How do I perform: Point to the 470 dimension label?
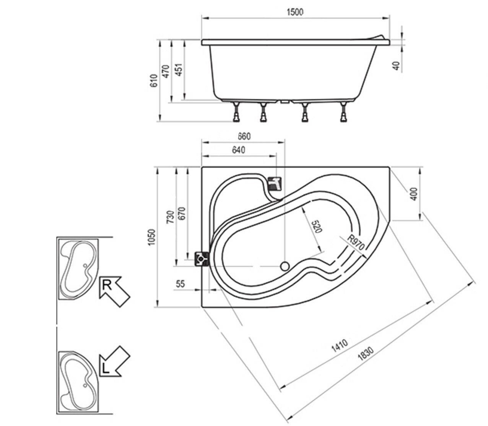pos(166,71)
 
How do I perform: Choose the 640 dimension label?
pos(237,150)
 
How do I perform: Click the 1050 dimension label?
pos(152,238)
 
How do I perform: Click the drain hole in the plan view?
pos(285,266)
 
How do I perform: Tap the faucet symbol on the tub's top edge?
pos(275,184)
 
